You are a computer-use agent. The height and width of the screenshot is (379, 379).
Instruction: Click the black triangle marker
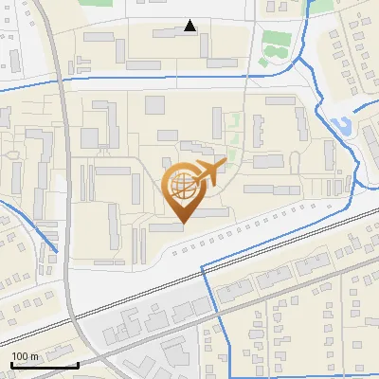point(190,26)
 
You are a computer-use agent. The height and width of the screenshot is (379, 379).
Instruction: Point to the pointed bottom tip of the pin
point(182,223)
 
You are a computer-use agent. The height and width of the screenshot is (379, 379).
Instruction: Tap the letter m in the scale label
point(33,356)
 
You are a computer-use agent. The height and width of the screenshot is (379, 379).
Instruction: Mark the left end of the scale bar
point(11,364)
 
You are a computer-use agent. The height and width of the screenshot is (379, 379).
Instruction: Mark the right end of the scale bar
point(78,364)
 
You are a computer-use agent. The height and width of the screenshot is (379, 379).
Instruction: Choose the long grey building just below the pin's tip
point(167,227)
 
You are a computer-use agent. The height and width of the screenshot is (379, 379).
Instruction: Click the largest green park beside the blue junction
point(275,43)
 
